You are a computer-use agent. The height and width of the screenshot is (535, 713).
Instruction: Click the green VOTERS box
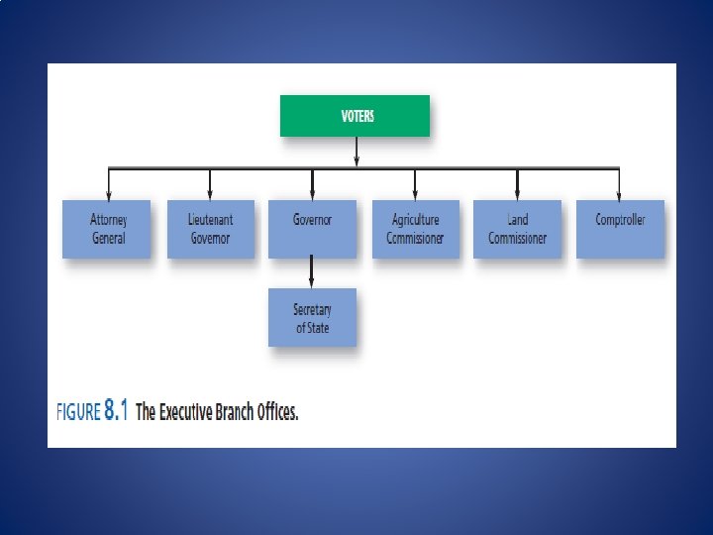356,116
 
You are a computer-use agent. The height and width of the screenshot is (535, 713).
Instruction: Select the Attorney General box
107,229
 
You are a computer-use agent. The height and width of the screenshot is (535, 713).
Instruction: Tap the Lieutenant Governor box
210,229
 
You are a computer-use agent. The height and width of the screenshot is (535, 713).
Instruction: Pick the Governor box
312,229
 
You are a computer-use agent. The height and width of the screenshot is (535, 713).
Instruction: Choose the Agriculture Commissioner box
415,229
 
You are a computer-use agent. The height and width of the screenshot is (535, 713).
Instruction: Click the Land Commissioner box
517,229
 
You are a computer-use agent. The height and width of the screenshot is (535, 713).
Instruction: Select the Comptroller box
620,229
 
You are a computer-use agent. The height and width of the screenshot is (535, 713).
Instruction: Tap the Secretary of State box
312,317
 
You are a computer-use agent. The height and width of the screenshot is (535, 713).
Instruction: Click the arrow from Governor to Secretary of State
312,272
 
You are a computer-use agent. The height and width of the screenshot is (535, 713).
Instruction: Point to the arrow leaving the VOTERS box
356,152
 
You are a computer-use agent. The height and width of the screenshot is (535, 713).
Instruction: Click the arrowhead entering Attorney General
108,194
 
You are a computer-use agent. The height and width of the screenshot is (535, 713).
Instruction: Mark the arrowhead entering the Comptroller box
620,194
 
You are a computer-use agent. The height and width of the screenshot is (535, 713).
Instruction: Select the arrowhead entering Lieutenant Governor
210,194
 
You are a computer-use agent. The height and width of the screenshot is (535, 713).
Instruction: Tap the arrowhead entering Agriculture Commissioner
415,194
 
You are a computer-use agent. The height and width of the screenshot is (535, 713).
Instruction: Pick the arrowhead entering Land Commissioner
517,194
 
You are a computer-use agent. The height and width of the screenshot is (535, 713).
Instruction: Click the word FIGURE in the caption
78,412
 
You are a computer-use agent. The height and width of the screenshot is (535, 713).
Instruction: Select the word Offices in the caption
275,412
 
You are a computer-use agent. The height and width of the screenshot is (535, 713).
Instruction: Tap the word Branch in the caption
235,412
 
